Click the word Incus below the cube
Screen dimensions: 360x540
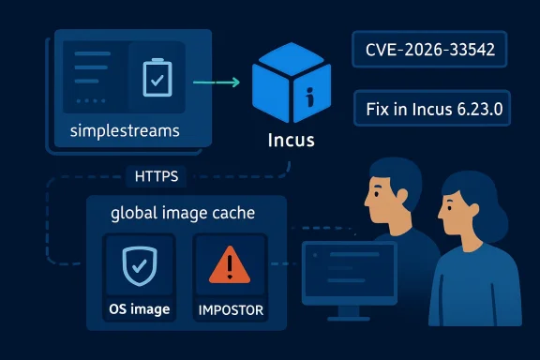click(290, 142)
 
